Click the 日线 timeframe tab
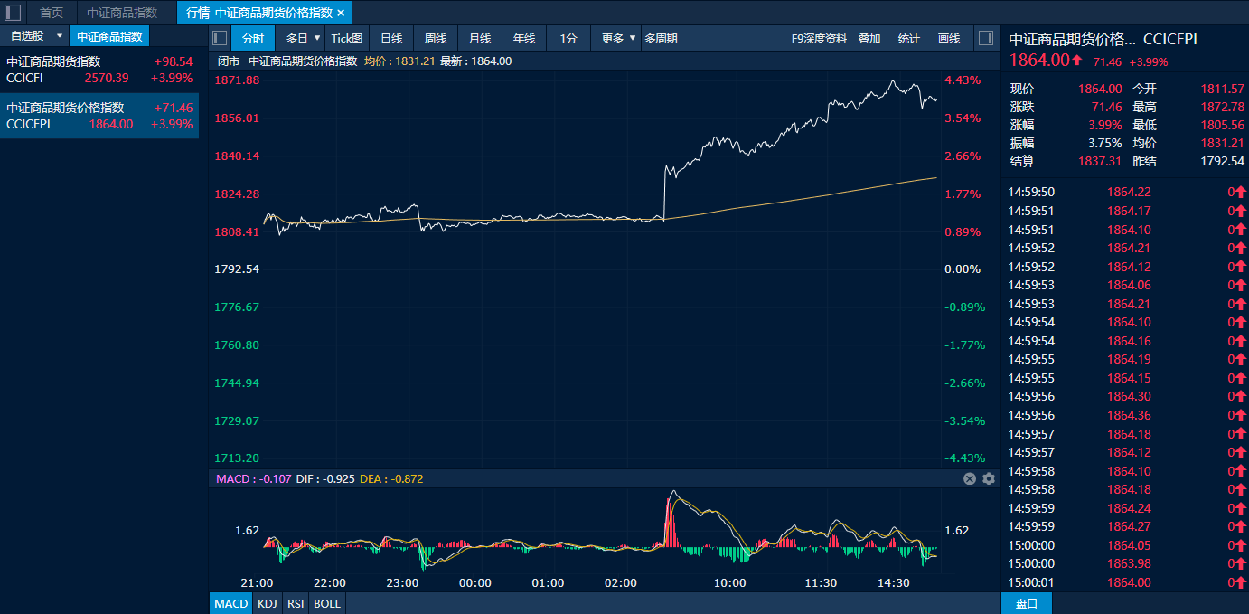(x=391, y=38)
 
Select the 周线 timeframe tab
(x=436, y=38)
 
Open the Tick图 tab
(x=347, y=38)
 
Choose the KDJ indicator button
(x=267, y=603)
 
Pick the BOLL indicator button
(x=327, y=603)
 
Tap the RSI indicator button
(x=295, y=603)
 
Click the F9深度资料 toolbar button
(x=819, y=38)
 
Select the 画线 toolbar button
(x=949, y=38)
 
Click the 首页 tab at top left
(x=52, y=13)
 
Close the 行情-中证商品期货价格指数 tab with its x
(x=341, y=13)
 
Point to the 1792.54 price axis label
(x=237, y=269)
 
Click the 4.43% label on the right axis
(x=963, y=80)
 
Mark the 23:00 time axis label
(x=402, y=583)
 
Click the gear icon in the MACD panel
(x=989, y=478)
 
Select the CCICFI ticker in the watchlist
(x=24, y=78)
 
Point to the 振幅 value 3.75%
(x=1104, y=143)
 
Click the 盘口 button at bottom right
(x=1027, y=603)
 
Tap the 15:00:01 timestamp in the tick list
(x=1031, y=582)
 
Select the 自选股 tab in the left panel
(x=27, y=36)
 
